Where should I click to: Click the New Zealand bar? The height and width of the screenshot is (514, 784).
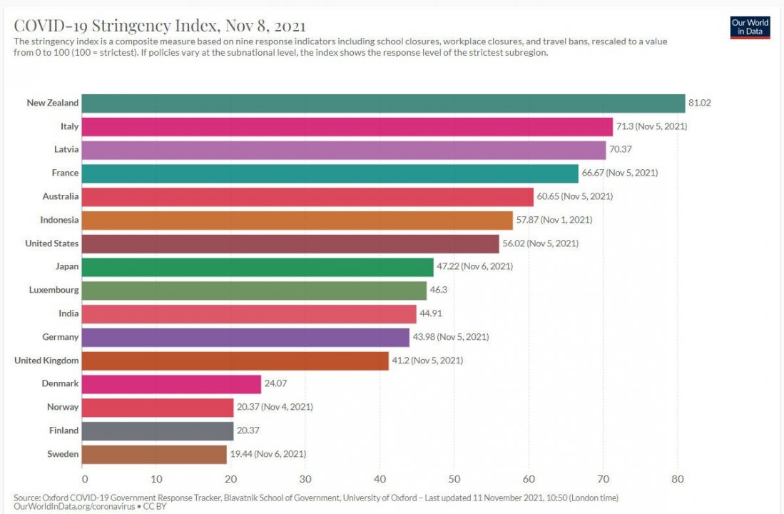tap(383, 104)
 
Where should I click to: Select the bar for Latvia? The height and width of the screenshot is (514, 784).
tap(344, 150)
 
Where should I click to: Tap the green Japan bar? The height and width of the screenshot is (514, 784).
tap(258, 267)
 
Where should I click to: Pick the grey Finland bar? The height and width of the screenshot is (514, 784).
tap(158, 431)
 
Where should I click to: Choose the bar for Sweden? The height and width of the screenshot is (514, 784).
tap(154, 454)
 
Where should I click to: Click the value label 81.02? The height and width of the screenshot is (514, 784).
tap(699, 104)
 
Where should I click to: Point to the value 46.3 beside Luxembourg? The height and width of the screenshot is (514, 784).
tap(439, 291)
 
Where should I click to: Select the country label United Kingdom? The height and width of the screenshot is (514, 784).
tap(46, 361)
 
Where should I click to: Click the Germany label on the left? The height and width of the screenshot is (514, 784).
tap(60, 337)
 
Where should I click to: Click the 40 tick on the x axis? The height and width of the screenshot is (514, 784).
tap(380, 478)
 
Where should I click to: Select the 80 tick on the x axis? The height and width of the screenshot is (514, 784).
tap(677, 478)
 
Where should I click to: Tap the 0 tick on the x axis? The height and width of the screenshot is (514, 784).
tap(84, 478)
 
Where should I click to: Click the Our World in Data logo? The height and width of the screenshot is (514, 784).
tap(750, 26)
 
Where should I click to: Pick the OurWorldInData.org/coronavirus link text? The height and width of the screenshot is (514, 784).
tap(73, 506)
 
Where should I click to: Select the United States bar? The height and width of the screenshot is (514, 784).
tap(290, 243)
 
